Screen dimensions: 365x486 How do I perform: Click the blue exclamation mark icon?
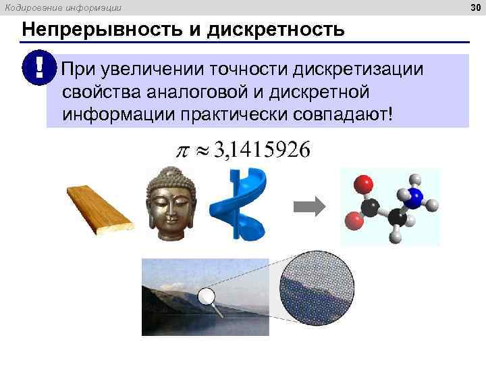[x=39, y=70]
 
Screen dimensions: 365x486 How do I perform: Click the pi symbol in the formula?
[x=182, y=151]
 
